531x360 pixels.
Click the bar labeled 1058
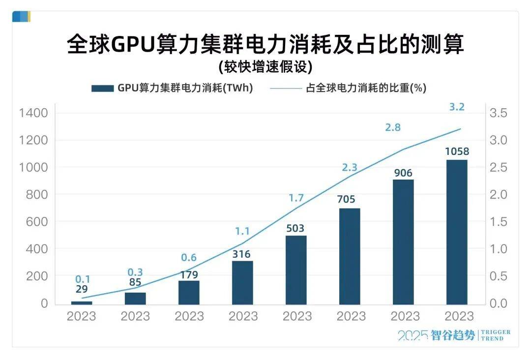457,232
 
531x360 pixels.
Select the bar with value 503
296,270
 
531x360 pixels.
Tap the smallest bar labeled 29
82,302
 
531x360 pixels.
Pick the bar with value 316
242,282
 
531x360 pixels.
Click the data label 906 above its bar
403,173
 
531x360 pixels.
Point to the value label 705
350,199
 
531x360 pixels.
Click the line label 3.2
457,107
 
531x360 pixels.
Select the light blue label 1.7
296,198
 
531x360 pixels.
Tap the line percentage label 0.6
189,258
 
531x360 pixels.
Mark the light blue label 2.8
393,127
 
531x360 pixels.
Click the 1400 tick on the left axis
33,113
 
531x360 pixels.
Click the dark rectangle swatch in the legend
102,89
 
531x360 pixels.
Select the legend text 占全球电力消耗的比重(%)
366,89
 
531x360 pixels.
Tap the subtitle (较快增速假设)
265,66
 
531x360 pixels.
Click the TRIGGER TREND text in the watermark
495,335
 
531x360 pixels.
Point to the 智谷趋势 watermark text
452,335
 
